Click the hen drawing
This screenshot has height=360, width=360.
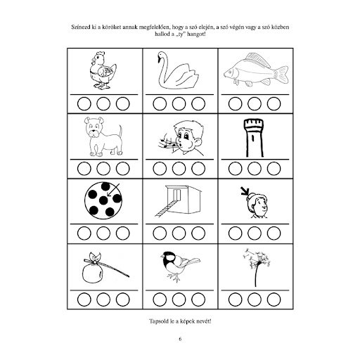[x=103, y=70]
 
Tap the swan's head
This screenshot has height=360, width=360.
[x=160, y=56]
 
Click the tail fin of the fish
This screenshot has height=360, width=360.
[x=282, y=75]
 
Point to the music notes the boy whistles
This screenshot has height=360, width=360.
[x=167, y=143]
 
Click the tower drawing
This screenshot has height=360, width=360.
[x=254, y=138]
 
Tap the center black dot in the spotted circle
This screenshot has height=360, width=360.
[x=103, y=200]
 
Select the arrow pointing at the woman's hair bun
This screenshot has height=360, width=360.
[x=245, y=191]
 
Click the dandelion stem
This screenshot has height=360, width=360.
[x=257, y=275]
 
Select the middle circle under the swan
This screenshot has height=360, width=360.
[x=179, y=103]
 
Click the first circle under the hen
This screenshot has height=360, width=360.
[x=84, y=103]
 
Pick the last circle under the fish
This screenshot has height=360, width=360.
[x=274, y=103]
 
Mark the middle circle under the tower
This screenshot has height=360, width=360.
[x=255, y=169]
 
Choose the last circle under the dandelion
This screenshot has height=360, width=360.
[x=274, y=300]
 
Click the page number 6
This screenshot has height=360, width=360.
[x=180, y=339]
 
